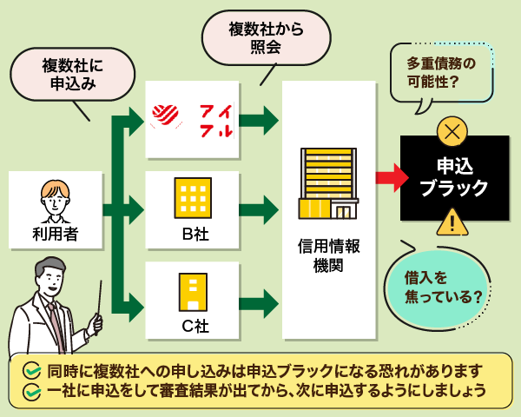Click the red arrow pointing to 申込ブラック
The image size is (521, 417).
point(392,177)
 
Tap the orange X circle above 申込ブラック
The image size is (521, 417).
point(452,132)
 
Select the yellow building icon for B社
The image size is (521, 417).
point(193,198)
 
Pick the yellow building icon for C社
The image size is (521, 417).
point(193,294)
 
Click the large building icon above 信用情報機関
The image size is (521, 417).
point(328,183)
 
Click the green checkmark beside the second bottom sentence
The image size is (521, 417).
point(32,391)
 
